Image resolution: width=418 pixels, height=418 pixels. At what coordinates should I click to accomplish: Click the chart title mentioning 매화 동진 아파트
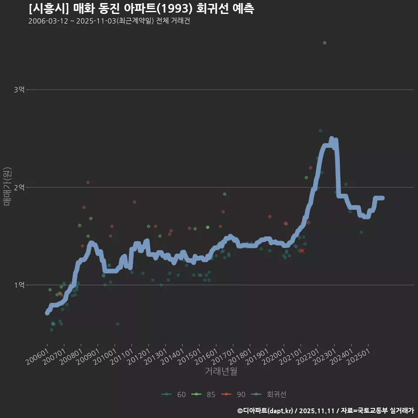tap(142, 8)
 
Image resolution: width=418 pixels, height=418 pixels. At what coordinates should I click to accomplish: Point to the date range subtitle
tap(109, 21)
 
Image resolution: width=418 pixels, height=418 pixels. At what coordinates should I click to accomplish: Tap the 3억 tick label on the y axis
tap(19, 90)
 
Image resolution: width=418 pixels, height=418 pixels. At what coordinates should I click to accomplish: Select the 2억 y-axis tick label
tap(19, 187)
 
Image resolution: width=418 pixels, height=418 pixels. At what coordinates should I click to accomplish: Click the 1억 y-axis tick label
tap(19, 285)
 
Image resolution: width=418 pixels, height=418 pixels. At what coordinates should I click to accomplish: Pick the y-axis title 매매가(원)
tap(7, 186)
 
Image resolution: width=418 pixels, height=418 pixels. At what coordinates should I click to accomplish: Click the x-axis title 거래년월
tap(221, 371)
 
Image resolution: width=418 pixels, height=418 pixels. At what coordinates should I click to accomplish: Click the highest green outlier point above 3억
tap(324, 43)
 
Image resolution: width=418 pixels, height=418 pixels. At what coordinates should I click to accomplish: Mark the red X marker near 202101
tap(302, 251)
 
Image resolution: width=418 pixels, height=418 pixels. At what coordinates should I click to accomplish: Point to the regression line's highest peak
tap(331, 139)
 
